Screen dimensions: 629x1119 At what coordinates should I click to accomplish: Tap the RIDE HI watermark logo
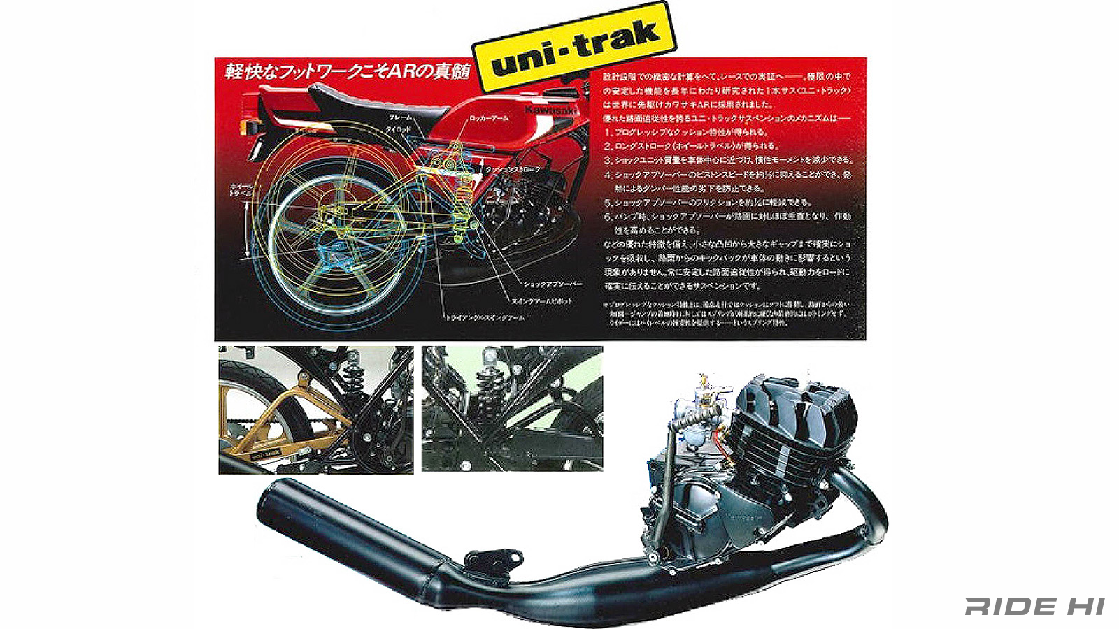coord(1034,606)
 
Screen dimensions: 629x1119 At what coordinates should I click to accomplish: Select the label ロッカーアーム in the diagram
coord(489,119)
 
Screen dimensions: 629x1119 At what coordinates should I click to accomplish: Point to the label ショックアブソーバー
coord(553,284)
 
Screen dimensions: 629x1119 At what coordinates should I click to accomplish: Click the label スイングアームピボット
coord(541,301)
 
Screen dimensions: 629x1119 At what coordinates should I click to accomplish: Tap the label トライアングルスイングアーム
coord(485,318)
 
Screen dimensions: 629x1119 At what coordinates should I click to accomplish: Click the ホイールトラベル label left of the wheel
coord(241,189)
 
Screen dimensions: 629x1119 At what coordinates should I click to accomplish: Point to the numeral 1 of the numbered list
coord(608,132)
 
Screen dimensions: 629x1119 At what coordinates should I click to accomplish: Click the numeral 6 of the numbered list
coord(608,217)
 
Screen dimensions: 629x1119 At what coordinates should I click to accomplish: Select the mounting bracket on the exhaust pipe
coord(494,559)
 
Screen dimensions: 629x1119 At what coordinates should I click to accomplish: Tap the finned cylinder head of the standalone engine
coord(797,419)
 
